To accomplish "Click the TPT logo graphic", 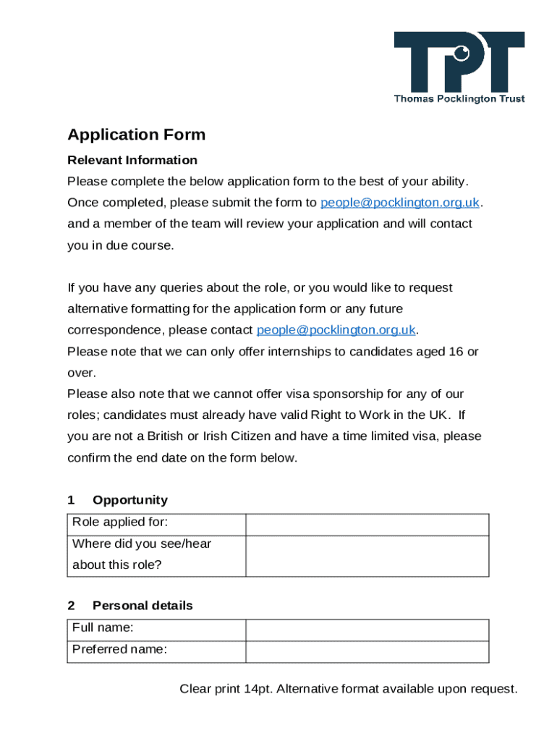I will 459,61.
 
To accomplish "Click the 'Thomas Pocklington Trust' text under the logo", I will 459,99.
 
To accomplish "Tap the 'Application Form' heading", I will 137,135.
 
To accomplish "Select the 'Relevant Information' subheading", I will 132,160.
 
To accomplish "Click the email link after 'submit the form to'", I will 400,203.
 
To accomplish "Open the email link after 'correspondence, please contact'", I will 336,330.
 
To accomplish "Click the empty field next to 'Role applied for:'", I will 367,525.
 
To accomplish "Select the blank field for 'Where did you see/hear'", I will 367,556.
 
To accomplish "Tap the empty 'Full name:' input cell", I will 367,630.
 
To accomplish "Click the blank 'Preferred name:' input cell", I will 367,651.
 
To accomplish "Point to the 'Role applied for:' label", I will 120,522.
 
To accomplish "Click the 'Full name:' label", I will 103,627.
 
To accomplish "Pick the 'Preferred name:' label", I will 119,649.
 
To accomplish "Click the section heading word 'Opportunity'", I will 130,500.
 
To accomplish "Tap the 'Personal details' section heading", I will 143,606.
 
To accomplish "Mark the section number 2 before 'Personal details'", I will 71,606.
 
